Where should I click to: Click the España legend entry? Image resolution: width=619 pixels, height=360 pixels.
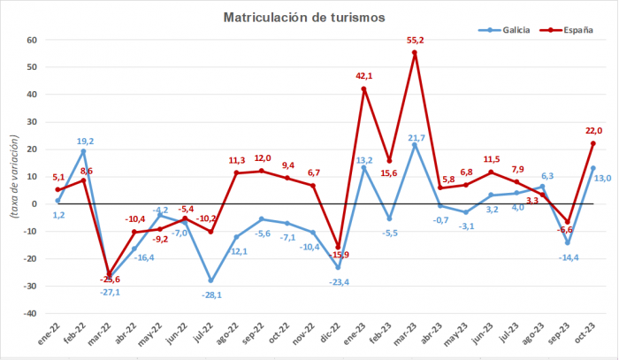coord(567,30)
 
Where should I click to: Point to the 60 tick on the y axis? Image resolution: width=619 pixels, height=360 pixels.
coord(30,40)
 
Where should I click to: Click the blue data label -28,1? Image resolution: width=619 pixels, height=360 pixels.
coord(210,294)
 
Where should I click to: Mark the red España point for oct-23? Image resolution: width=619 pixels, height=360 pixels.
coord(593,143)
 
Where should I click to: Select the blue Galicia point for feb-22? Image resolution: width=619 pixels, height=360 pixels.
coord(83,151)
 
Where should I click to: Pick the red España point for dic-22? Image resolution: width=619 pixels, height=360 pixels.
coord(338,247)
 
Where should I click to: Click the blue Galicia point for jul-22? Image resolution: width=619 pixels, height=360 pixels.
coord(210,280)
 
